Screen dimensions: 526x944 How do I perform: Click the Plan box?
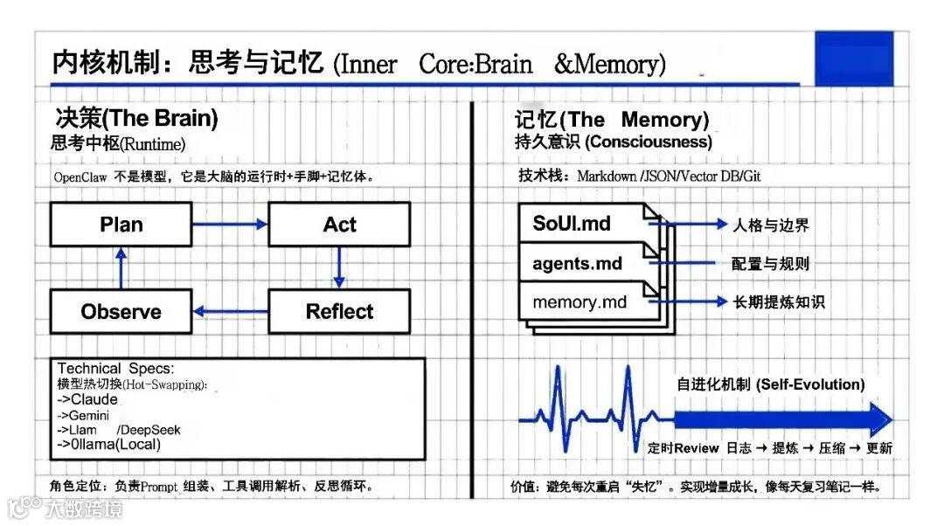pyautogui.click(x=121, y=225)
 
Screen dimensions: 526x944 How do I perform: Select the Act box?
pyautogui.click(x=339, y=225)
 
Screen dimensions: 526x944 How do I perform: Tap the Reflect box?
pyautogui.click(x=339, y=312)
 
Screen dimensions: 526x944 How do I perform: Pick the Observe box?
pyautogui.click(x=121, y=312)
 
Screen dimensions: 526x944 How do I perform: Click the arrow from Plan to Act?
pyautogui.click(x=229, y=225)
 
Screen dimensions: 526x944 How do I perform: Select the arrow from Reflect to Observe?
pyautogui.click(x=229, y=311)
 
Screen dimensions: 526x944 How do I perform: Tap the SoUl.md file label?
pyautogui.click(x=572, y=223)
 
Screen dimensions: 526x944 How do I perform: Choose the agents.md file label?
pyautogui.click(x=577, y=263)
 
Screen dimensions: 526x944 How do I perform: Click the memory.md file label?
pyautogui.click(x=580, y=302)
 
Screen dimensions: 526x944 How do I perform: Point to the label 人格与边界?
pyautogui.click(x=770, y=225)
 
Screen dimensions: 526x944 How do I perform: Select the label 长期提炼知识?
pyautogui.click(x=777, y=302)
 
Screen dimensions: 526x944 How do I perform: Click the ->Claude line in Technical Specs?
pyautogui.click(x=87, y=400)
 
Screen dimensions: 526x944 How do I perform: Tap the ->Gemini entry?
pyautogui.click(x=84, y=416)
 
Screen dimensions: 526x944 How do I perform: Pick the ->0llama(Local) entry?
pyautogui.click(x=109, y=445)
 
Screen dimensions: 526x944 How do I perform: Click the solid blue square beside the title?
pyautogui.click(x=853, y=59)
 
